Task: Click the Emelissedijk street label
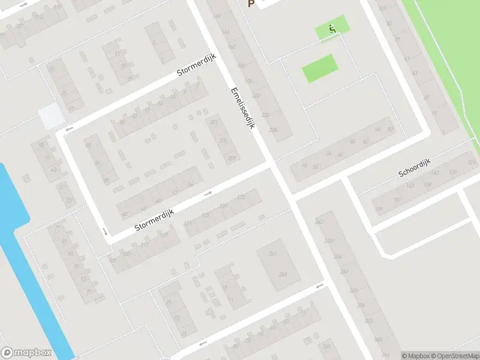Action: click(243, 109)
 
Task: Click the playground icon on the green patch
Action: click(332, 28)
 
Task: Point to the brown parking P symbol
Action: click(251, 4)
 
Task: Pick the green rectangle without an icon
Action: click(318, 68)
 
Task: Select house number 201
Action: click(215, 123)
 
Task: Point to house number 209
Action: click(232, 158)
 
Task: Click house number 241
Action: click(273, 254)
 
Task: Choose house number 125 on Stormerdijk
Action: click(206, 215)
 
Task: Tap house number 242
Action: click(319, 222)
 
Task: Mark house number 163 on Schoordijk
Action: click(410, 185)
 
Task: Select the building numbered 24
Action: click(328, 154)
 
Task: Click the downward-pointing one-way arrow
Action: click(104, 232)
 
